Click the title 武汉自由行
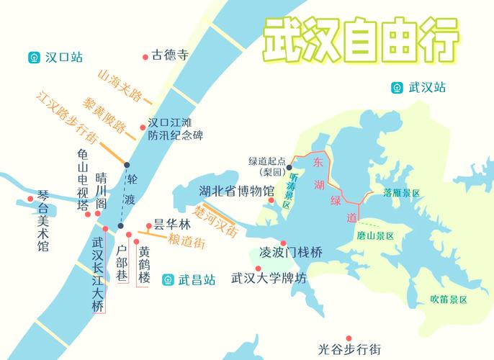pyautogui.click(x=359, y=42)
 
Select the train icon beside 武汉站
pyautogui.click(x=396, y=88)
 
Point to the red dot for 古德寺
pyautogui.click(x=145, y=55)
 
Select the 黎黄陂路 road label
pyautogui.click(x=107, y=115)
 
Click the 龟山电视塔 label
pyautogui.click(x=84, y=181)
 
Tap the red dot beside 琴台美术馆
pyautogui.click(x=30, y=199)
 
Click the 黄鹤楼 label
pyautogui.click(x=144, y=265)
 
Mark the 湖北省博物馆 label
pyautogui.click(x=237, y=191)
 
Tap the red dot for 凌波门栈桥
pyautogui.click(x=284, y=243)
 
